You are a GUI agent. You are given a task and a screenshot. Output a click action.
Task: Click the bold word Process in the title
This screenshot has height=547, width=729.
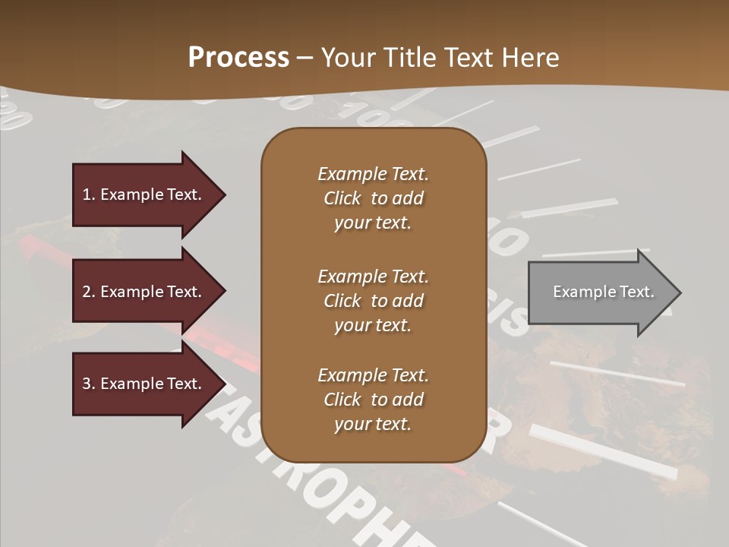tap(238, 58)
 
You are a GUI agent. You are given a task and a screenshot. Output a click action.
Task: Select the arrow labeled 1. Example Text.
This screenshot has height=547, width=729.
tap(144, 194)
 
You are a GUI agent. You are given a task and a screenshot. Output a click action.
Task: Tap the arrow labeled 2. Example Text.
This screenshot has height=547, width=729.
tap(144, 292)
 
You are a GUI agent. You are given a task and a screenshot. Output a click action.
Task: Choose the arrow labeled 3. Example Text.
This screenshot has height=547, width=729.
tap(144, 384)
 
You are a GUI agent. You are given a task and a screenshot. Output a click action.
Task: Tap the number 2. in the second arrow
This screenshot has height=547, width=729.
tap(89, 292)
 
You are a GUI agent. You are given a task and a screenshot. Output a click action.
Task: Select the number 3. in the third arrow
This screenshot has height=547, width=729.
tap(89, 384)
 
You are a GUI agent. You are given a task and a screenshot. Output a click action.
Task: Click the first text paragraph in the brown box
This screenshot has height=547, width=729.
tap(373, 198)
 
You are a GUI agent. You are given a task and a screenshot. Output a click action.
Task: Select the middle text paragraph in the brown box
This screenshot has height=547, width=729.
tap(373, 300)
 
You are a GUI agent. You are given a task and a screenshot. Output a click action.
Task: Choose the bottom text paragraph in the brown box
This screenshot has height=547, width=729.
tap(373, 400)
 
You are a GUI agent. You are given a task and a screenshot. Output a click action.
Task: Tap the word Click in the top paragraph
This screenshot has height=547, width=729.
tap(342, 198)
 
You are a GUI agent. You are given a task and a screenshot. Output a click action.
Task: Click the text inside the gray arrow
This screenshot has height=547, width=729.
tap(603, 292)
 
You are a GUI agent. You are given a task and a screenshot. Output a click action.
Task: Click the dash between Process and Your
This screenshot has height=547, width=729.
tap(305, 58)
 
